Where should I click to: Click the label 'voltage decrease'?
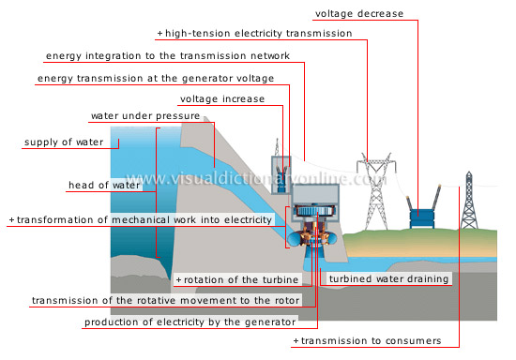(359, 14)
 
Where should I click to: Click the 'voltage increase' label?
(221, 98)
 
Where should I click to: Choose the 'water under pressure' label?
(144, 117)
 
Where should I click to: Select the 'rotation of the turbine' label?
(240, 279)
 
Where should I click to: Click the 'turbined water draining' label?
(388, 278)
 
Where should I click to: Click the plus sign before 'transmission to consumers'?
(296, 340)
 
